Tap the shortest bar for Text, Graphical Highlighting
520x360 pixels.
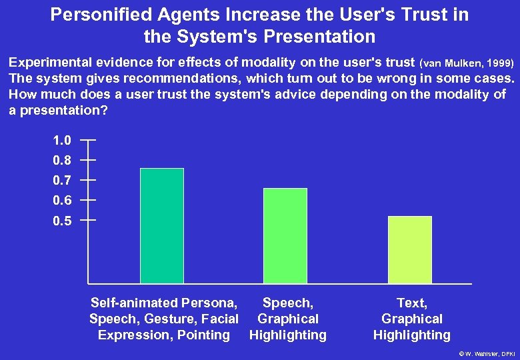[409, 249]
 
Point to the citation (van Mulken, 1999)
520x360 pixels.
[467, 63]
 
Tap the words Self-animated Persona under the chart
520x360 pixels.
[164, 303]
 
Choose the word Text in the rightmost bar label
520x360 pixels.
[411, 303]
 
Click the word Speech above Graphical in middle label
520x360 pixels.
[287, 303]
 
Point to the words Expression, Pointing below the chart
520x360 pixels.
[164, 335]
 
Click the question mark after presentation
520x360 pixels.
[105, 110]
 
